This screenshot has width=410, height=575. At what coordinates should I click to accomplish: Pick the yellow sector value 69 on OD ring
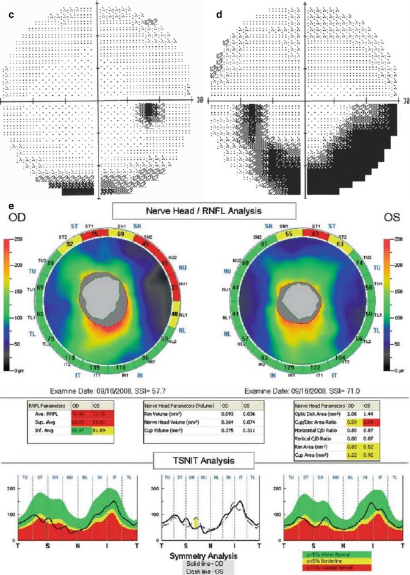tap(121, 233)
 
